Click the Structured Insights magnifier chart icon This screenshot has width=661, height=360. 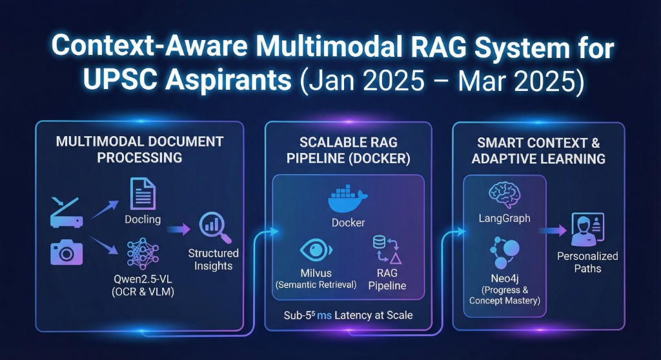(213, 225)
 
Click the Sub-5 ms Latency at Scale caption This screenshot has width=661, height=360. (348, 316)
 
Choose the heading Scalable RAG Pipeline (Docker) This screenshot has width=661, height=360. (348, 150)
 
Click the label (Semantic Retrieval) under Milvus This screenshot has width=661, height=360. (316, 285)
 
